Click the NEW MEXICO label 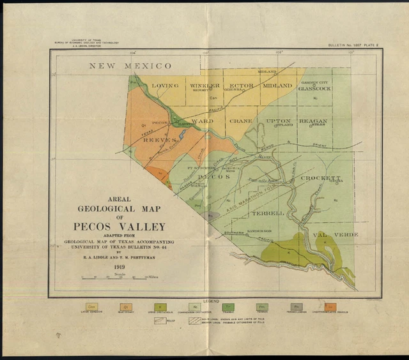[130, 66]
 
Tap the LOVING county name [165, 86]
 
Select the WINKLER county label [205, 86]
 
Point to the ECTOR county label [242, 86]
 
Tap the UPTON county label [279, 121]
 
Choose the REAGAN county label [313, 121]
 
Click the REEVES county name [159, 140]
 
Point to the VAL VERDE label [336, 234]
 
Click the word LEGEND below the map [211, 299]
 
